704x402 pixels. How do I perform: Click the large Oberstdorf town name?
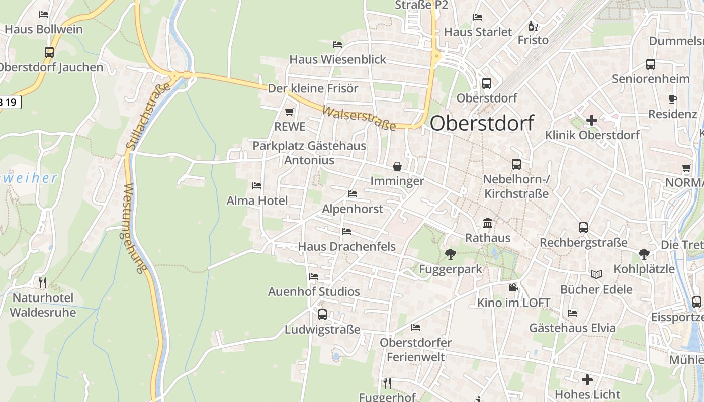pyautogui.click(x=482, y=123)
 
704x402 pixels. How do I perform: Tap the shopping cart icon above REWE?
pyautogui.click(x=289, y=112)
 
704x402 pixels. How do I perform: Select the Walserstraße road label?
pyautogui.click(x=359, y=119)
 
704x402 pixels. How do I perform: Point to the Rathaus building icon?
pyautogui.click(x=487, y=223)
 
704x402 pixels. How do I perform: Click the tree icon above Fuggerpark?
pyautogui.click(x=450, y=254)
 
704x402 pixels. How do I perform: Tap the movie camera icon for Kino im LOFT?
pyautogui.click(x=512, y=287)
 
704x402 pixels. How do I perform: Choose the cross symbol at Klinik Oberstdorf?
pyautogui.click(x=592, y=120)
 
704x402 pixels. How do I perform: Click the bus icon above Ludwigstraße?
pyautogui.click(x=322, y=315)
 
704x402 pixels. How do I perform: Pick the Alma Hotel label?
pyautogui.click(x=257, y=201)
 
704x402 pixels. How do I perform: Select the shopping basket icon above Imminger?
pyautogui.click(x=397, y=166)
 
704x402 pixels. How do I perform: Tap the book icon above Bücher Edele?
pyautogui.click(x=596, y=274)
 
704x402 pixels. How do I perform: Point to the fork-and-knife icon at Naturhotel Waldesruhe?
pyautogui.click(x=43, y=283)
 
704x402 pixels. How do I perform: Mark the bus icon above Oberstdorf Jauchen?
pyautogui.click(x=49, y=52)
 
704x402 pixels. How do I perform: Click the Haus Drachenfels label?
pyautogui.click(x=346, y=247)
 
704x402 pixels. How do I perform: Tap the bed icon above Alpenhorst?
pyautogui.click(x=352, y=194)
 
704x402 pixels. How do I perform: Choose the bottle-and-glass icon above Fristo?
pyautogui.click(x=533, y=26)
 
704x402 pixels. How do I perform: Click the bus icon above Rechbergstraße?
pyautogui.click(x=583, y=228)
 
